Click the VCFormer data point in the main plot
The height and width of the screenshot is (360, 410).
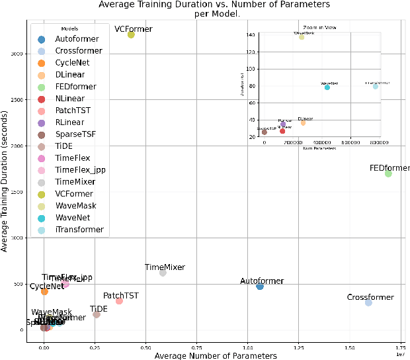point(131,34)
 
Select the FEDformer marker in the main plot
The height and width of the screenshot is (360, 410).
point(388,173)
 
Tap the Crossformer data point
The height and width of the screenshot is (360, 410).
point(368,302)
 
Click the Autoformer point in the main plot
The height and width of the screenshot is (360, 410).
point(260,286)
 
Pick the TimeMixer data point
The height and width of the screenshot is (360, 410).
point(163,273)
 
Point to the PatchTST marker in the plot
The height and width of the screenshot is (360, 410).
point(119,301)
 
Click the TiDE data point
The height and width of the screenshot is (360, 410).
point(97,314)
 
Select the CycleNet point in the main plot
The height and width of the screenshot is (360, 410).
point(44,291)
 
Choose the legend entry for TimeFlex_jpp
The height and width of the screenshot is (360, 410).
point(80,170)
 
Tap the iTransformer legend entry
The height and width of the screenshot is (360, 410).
point(79,230)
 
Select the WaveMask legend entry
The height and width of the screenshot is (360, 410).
point(75,206)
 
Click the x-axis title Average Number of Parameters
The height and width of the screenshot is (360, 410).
point(215,355)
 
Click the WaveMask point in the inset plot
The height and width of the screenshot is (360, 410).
point(302,37)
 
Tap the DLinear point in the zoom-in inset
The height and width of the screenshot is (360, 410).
point(303,123)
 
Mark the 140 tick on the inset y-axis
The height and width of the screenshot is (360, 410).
point(251,34)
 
